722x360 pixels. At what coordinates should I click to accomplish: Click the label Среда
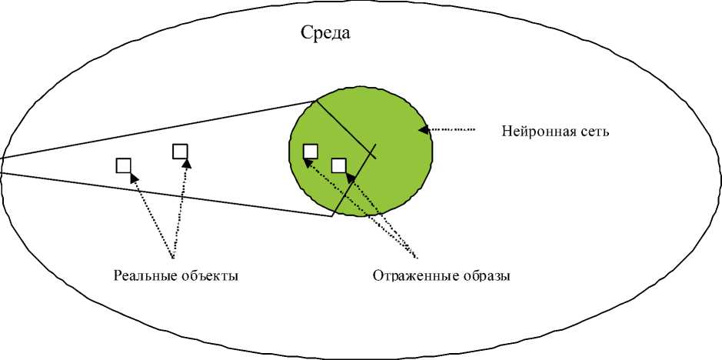[326, 34]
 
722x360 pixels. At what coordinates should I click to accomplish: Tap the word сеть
[595, 132]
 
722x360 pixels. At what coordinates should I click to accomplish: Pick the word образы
[483, 275]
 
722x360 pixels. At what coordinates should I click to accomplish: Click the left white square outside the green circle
[123, 165]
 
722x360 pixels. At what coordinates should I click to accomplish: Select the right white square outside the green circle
[180, 151]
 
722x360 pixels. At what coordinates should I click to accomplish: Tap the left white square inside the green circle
[311, 151]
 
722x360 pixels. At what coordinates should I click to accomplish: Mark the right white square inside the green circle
[338, 165]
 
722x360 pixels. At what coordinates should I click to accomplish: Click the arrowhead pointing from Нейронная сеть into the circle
[422, 129]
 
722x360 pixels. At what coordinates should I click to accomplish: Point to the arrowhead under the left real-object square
[134, 178]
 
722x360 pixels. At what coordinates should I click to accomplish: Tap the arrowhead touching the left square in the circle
[308, 162]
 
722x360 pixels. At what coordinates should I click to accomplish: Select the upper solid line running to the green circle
[154, 129]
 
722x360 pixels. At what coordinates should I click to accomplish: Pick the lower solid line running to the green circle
[154, 193]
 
